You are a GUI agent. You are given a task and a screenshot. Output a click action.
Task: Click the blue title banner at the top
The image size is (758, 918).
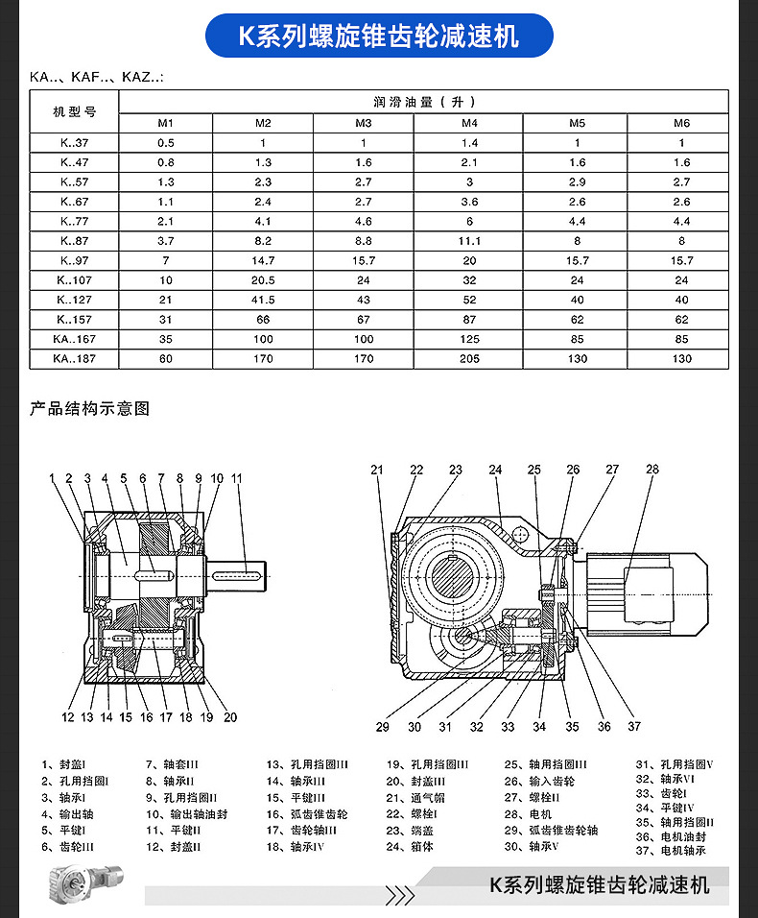(x=379, y=36)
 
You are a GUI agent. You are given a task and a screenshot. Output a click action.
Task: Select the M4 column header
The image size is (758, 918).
(x=469, y=123)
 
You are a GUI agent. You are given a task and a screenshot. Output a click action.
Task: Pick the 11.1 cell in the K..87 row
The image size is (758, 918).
(x=469, y=241)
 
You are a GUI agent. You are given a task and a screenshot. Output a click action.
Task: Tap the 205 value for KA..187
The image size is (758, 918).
(x=469, y=359)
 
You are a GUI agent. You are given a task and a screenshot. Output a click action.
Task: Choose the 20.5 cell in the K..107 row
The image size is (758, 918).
(x=263, y=280)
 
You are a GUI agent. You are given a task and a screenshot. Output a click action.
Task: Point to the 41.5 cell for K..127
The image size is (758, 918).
(x=263, y=300)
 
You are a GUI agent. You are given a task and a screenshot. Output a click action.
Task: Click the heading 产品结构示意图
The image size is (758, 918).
(x=90, y=409)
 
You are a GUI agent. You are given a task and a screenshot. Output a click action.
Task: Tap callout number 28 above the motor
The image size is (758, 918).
(x=652, y=470)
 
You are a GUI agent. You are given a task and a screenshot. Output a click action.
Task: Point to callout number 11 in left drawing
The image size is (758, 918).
(x=236, y=478)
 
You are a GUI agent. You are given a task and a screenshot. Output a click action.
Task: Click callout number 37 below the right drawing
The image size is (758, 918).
(x=634, y=727)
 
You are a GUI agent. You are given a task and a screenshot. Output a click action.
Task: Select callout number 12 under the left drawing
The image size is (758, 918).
(x=68, y=717)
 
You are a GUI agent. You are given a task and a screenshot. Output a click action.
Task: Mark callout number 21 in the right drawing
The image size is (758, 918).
(x=377, y=470)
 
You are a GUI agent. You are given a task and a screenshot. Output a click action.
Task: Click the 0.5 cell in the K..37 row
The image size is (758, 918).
(x=166, y=142)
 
